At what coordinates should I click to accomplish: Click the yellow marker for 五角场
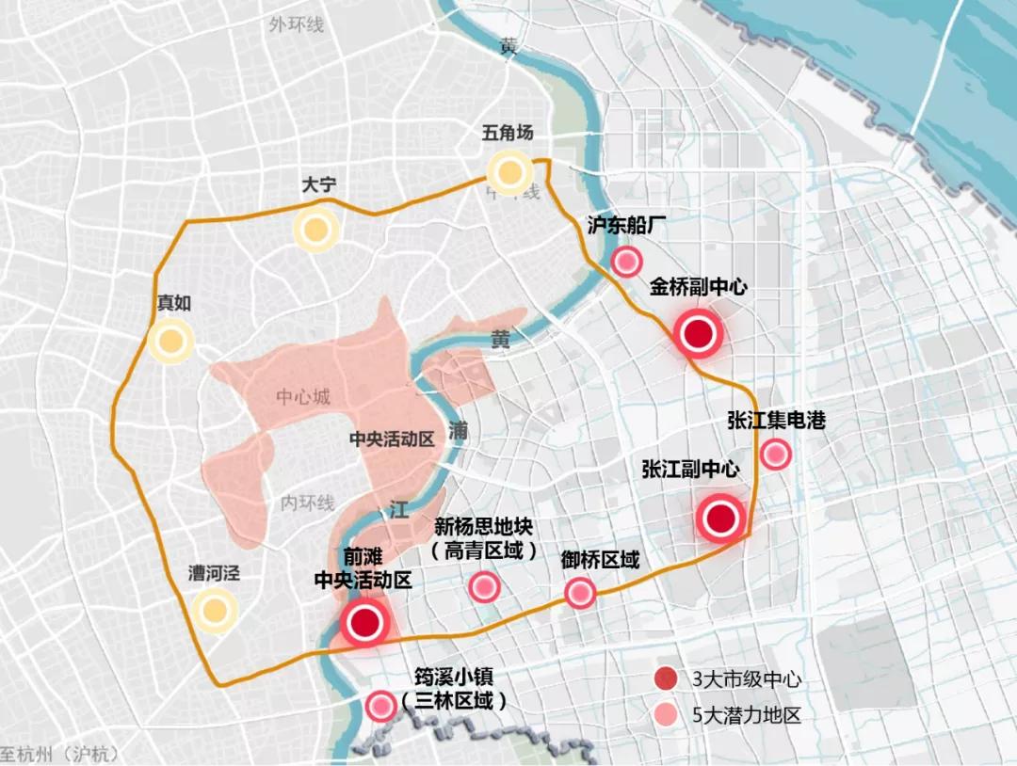509,172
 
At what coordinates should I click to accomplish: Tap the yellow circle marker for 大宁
315,229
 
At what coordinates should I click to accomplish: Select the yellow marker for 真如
170,342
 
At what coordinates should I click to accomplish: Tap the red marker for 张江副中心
721,519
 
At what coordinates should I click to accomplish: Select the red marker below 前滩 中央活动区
364,622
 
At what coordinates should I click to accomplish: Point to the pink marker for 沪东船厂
626,263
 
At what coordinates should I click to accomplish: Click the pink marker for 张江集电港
775,455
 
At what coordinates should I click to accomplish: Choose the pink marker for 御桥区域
579,593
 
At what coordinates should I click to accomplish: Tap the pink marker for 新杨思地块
484,587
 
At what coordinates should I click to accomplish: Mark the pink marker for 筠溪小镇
380,705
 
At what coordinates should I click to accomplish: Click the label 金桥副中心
698,287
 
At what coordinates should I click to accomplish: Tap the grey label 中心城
303,397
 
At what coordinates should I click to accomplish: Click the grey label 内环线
307,503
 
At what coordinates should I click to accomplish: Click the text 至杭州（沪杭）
56,755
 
